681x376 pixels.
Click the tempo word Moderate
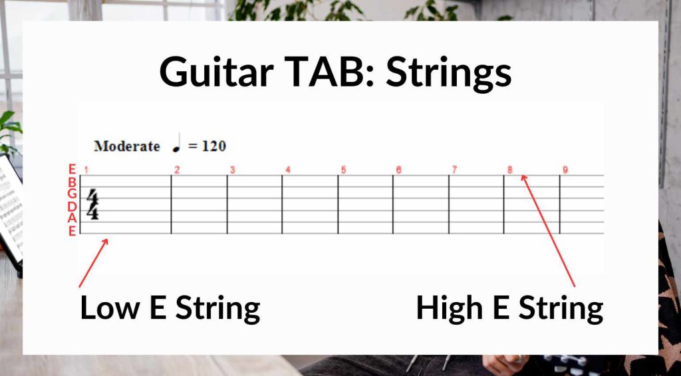(127, 146)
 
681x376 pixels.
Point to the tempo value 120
(213, 146)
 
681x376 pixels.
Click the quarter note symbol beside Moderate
(176, 144)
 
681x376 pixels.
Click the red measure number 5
(343, 170)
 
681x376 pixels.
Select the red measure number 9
(565, 170)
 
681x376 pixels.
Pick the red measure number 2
(177, 170)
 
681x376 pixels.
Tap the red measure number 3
(233, 170)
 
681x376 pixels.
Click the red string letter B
(72, 182)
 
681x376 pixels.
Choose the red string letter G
(72, 194)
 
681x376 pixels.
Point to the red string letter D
(72, 206)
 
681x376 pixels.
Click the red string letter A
(72, 218)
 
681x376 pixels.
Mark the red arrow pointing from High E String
(548, 230)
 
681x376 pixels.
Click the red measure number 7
(454, 170)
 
